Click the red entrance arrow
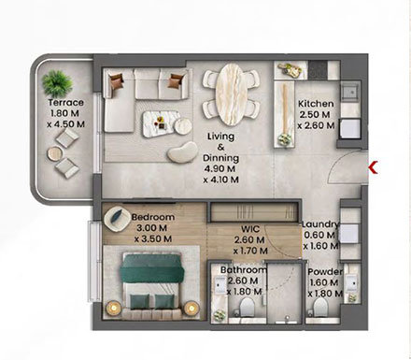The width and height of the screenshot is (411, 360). point(374,167)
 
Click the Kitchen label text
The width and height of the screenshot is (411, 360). point(314,104)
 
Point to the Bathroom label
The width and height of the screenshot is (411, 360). point(241,271)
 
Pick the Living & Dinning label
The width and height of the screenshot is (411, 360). point(222,147)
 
